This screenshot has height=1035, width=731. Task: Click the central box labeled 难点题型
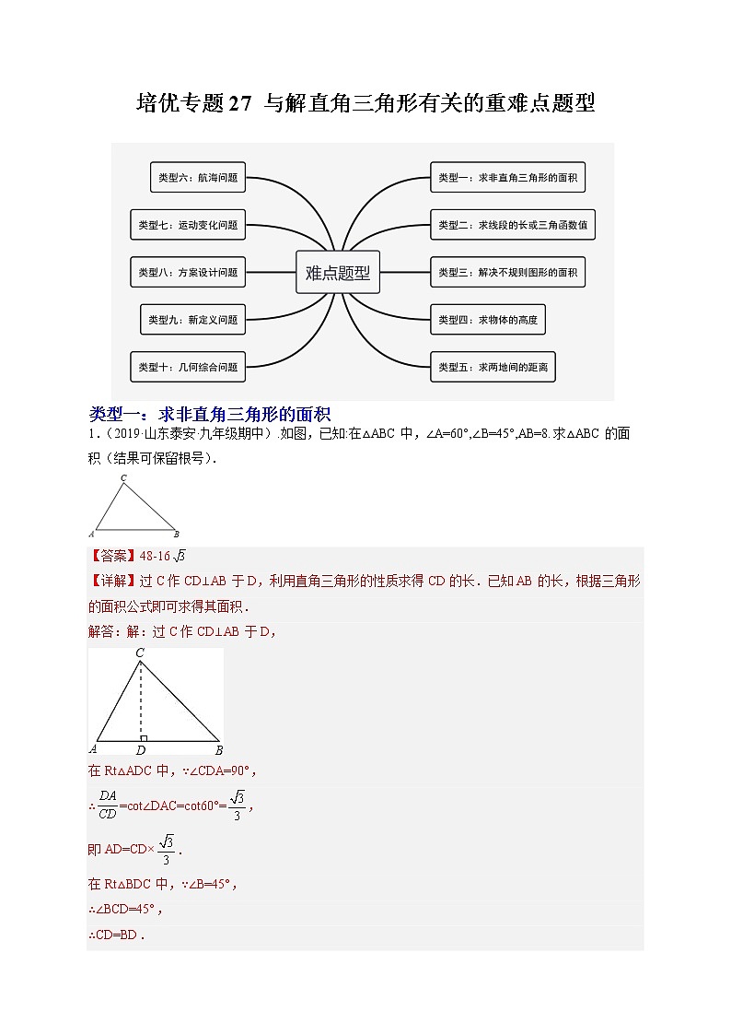337,272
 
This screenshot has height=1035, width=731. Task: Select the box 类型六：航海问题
198,178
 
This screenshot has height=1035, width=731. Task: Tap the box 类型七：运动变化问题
188,224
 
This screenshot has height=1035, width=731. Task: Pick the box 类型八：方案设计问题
188,272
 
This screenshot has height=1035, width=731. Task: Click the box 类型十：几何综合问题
188,367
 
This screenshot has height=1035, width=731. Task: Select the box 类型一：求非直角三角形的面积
507,177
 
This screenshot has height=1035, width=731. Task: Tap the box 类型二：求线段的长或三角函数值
512,224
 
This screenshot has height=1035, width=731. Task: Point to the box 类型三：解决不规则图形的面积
507,272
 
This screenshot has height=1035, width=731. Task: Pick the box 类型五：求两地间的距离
493,367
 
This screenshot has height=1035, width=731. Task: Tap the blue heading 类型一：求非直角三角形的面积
210,414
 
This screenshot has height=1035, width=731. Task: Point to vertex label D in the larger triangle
140,750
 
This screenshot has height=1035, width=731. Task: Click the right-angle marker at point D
144,737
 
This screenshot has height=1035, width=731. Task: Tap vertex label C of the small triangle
123,478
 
